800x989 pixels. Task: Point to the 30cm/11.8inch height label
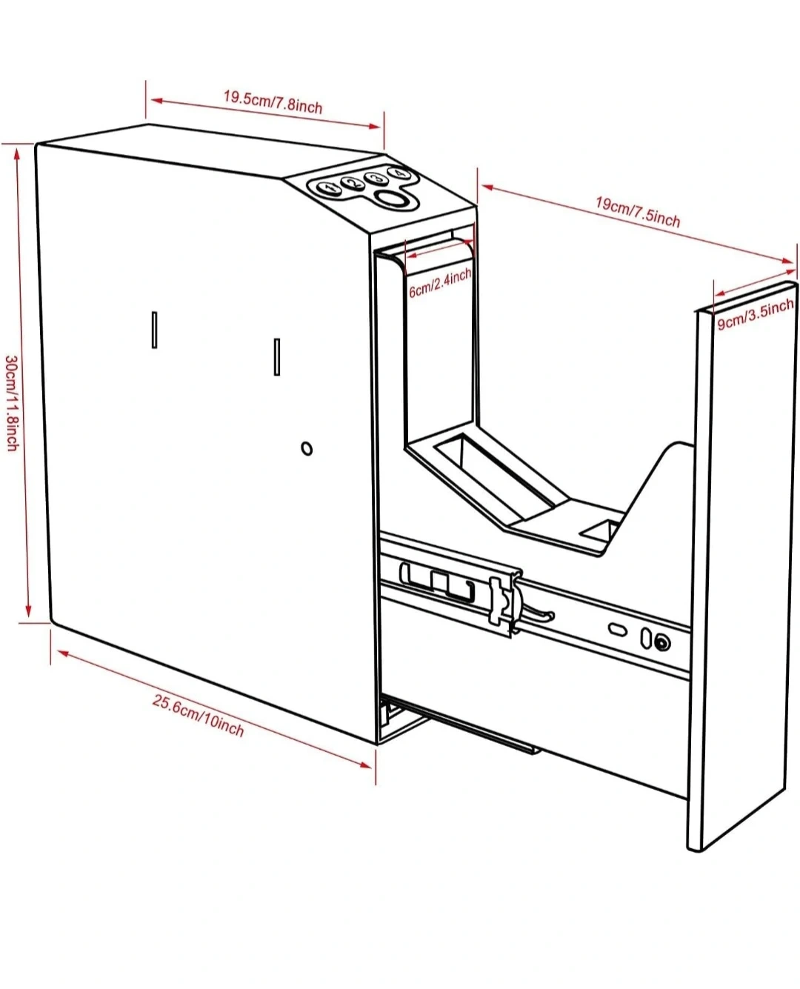pyautogui.click(x=12, y=403)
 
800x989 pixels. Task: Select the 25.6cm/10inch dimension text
pyautogui.click(x=198, y=715)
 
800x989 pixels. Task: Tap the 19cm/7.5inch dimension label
pyautogui.click(x=638, y=210)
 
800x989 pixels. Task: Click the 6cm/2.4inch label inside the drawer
pyautogui.click(x=440, y=283)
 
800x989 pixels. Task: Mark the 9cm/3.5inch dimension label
pyautogui.click(x=754, y=314)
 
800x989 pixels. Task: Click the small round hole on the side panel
pyautogui.click(x=307, y=448)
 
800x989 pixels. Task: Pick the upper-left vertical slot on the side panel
pyautogui.click(x=154, y=330)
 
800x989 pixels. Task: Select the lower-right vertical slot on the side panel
pyautogui.click(x=277, y=356)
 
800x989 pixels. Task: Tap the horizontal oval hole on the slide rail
pyautogui.click(x=616, y=629)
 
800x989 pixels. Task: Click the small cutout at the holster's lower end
pyautogui.click(x=600, y=530)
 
